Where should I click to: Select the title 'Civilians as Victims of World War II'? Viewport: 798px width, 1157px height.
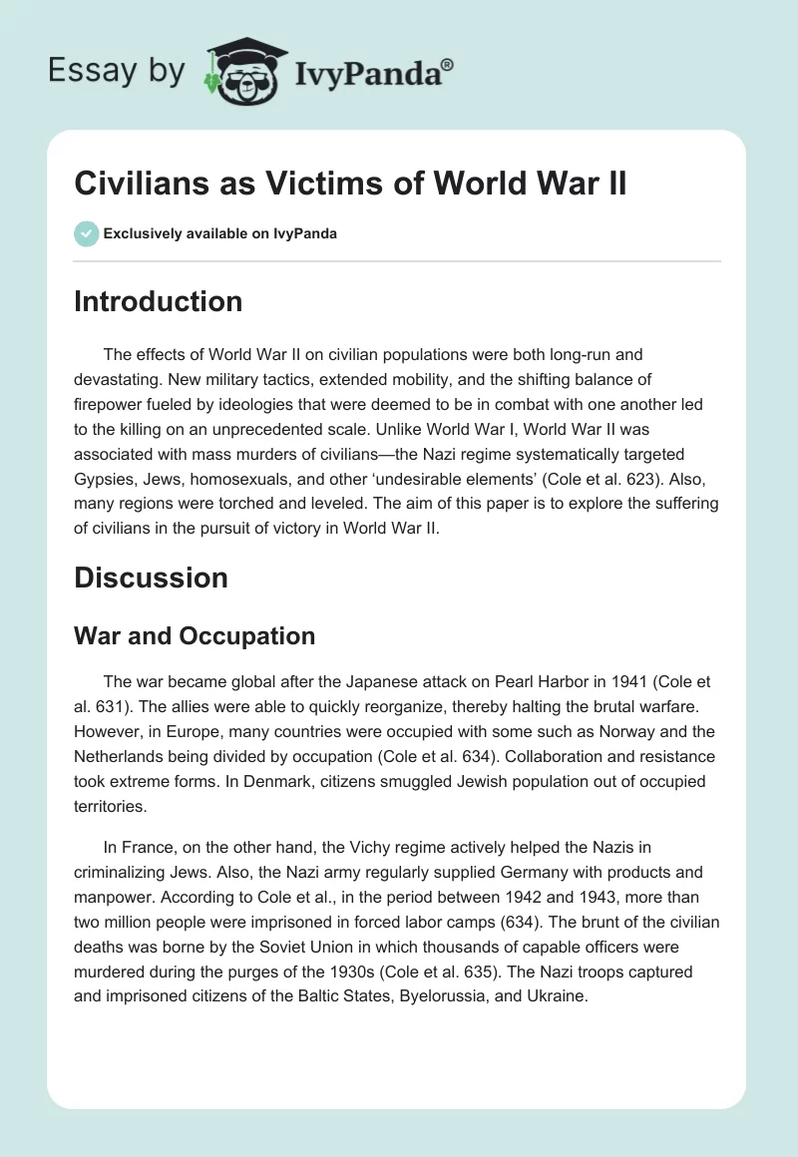[350, 185]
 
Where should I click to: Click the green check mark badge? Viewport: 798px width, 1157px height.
[86, 233]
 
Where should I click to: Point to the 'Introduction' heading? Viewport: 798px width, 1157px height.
[158, 301]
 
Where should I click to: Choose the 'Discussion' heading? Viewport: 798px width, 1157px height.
[151, 578]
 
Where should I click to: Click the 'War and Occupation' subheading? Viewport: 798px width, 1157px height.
[195, 635]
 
